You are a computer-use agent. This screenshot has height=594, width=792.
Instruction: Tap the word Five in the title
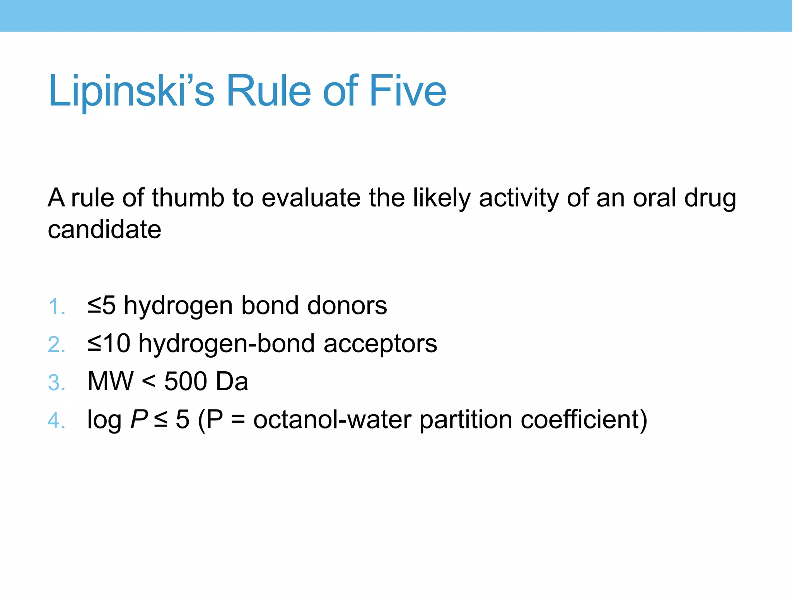coord(408,91)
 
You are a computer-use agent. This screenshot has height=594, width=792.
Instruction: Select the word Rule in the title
coord(268,91)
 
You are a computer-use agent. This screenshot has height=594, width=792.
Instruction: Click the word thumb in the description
coord(188,198)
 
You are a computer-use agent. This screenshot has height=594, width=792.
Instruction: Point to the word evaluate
coord(311,198)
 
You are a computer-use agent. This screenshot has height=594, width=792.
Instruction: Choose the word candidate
coord(104,230)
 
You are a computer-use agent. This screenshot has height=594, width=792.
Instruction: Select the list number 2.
coord(56,345)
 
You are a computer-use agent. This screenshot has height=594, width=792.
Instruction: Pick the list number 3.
coord(56,383)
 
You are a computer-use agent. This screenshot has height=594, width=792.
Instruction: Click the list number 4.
coord(56,421)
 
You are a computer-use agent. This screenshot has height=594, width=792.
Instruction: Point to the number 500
coord(186,381)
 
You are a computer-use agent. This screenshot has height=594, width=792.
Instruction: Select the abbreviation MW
coord(110,381)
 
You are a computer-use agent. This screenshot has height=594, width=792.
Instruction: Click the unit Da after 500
coord(232,381)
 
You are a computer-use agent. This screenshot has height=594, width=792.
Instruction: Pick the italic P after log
coord(139,419)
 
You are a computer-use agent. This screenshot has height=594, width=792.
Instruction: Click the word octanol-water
coord(332,419)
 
